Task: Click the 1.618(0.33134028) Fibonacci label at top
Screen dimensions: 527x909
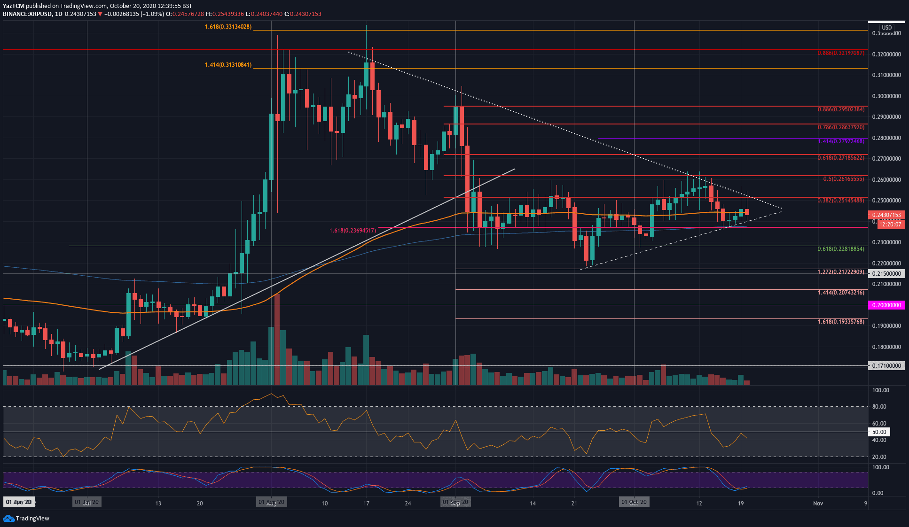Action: [228, 27]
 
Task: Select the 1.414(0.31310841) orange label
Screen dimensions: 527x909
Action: [228, 65]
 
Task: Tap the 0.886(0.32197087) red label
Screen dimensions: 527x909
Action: [840, 53]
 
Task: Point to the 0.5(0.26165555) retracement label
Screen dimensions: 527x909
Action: [843, 179]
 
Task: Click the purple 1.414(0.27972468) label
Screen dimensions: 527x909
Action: [840, 141]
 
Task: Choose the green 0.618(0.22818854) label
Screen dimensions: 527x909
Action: [840, 249]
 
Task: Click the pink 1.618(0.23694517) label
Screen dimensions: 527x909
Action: [353, 231]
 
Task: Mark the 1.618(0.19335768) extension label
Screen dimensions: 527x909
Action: [840, 322]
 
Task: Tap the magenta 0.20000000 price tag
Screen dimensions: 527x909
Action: [886, 305]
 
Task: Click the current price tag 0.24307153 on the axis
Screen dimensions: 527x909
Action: [886, 215]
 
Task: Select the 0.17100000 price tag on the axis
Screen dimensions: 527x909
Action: [886, 365]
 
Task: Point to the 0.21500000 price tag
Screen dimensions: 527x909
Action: [886, 273]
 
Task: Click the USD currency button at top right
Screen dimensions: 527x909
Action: [886, 28]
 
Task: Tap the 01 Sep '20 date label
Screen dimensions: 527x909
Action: [455, 502]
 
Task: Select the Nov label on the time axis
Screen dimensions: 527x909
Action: [818, 503]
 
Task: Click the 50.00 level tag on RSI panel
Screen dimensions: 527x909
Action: [879, 432]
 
